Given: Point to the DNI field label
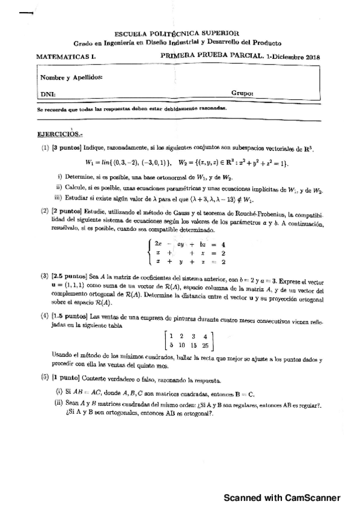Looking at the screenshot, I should [x=47, y=94].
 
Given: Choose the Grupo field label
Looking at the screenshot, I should [x=242, y=94].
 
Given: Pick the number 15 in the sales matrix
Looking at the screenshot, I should [x=192, y=345].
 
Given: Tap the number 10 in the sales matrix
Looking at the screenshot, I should [x=181, y=345].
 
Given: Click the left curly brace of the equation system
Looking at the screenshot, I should [x=150, y=253].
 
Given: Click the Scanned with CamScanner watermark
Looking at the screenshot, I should [x=282, y=498].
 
